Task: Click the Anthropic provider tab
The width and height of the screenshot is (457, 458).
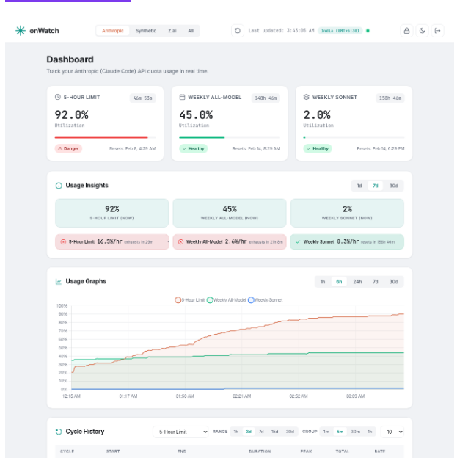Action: tap(112, 31)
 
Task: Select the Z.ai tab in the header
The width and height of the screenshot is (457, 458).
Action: tap(172, 31)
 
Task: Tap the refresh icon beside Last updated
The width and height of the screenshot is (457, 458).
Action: tap(237, 31)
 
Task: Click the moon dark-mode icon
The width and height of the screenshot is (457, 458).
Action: tap(422, 31)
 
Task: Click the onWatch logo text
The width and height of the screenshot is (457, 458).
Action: tap(44, 31)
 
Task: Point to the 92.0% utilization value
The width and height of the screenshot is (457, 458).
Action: tap(71, 114)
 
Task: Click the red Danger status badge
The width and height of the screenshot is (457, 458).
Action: tap(69, 148)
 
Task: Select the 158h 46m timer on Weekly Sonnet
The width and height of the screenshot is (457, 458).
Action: tap(390, 98)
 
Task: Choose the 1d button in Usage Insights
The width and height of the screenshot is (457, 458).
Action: tap(359, 186)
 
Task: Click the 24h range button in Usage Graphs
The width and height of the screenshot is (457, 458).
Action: tap(357, 282)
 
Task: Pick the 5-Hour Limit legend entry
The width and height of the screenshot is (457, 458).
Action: tap(190, 299)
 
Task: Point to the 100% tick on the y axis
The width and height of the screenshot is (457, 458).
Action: tap(62, 306)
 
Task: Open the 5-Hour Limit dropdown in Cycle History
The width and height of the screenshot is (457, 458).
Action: tap(180, 432)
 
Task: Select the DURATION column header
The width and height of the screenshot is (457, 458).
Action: tap(260, 451)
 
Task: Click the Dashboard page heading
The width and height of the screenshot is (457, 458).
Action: tap(70, 59)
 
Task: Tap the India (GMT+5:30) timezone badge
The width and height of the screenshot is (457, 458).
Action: tap(340, 31)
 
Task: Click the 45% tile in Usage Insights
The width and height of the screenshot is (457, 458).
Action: tap(230, 213)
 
